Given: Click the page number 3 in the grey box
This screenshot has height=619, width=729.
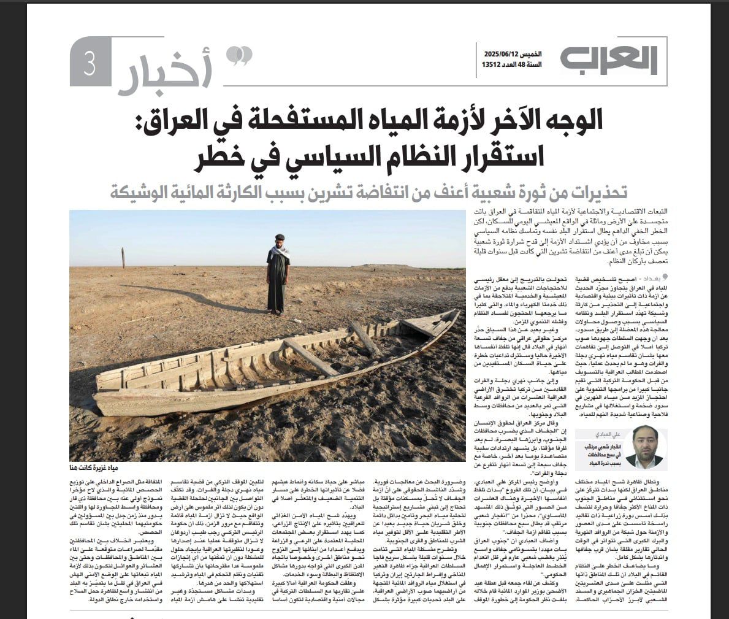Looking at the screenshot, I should click(90, 66).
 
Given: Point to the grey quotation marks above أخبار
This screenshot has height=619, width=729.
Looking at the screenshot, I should click(239, 56).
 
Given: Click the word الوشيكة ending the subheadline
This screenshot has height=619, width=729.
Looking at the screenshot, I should click(142, 192).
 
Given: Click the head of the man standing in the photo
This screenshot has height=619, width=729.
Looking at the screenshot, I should click(280, 239).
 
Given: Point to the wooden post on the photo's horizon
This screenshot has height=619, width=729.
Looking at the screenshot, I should click(123, 258).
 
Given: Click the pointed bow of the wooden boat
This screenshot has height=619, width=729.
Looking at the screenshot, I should click(448, 317).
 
